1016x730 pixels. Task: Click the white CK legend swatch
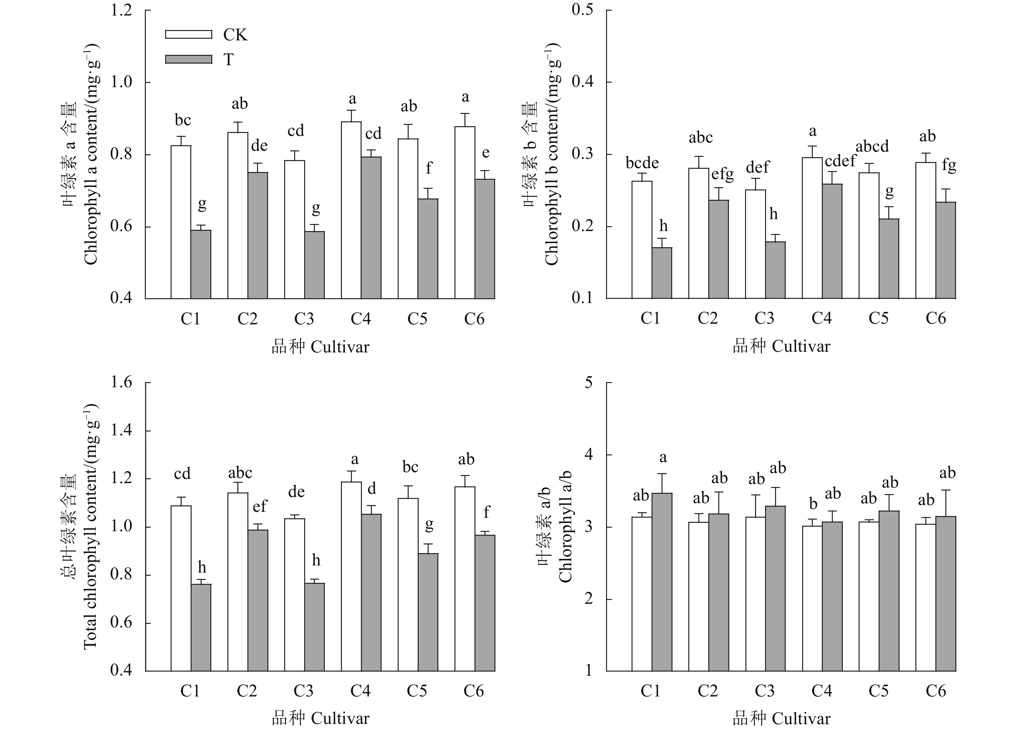pos(189,35)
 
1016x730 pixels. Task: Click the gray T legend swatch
pos(189,59)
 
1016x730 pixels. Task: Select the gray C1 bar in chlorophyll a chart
pos(201,264)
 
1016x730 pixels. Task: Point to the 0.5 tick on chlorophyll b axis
pos(583,10)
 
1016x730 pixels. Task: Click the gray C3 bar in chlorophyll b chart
pos(775,270)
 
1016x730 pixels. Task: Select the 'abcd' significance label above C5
pos(872,147)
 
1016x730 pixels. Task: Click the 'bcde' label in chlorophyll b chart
pos(642,163)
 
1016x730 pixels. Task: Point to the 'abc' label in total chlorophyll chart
pos(240,473)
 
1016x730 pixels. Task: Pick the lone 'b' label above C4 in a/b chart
pos(813,504)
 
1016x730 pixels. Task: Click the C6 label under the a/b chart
pos(935,691)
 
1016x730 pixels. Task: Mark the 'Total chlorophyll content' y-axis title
pos(90,527)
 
